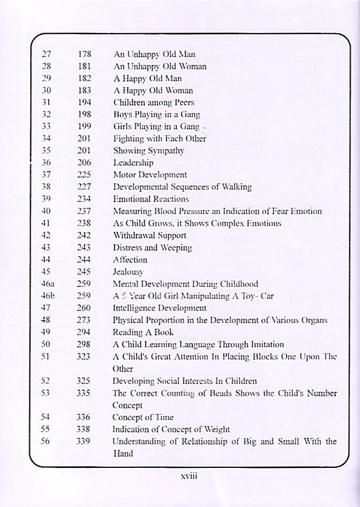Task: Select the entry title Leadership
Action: tap(133, 162)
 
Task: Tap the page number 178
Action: tap(85, 54)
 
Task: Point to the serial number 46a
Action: tap(48, 284)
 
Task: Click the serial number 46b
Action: tap(48, 295)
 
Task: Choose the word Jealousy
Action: tap(128, 272)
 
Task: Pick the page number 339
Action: tap(84, 441)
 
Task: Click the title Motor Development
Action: tap(149, 175)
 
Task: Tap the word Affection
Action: tap(130, 259)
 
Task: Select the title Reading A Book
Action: tap(143, 332)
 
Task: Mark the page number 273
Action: tap(84, 320)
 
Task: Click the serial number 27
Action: tap(46, 54)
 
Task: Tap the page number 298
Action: tap(84, 344)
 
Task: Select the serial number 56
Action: tap(46, 441)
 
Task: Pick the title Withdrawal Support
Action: tap(149, 235)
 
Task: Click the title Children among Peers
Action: tap(154, 102)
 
